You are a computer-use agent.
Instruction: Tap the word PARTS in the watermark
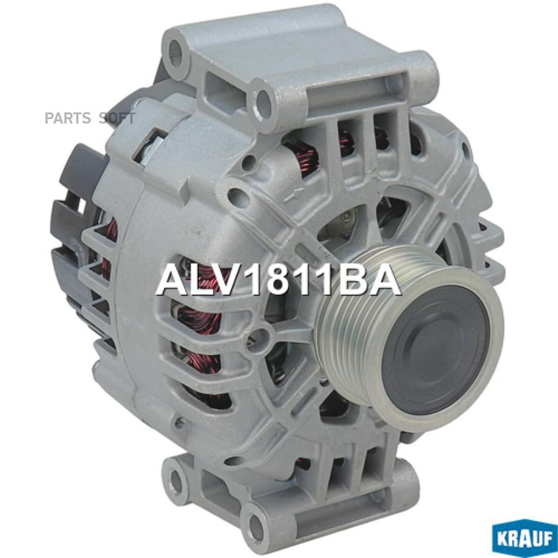point(68,118)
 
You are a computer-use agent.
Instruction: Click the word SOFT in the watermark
point(117,118)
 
